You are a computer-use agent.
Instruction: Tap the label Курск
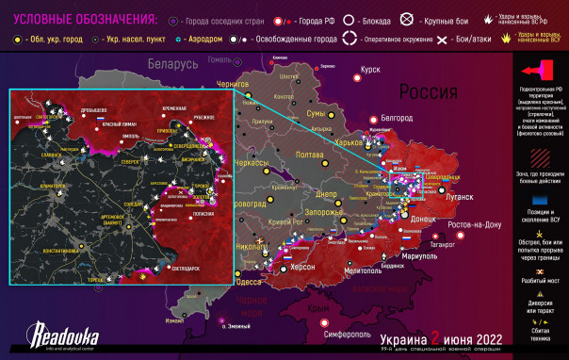tap(371, 70)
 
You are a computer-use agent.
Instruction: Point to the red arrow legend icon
tap(541, 71)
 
